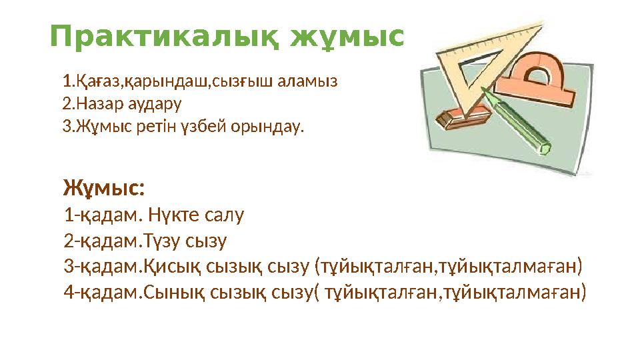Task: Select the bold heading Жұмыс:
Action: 104,189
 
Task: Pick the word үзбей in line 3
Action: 215,126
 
